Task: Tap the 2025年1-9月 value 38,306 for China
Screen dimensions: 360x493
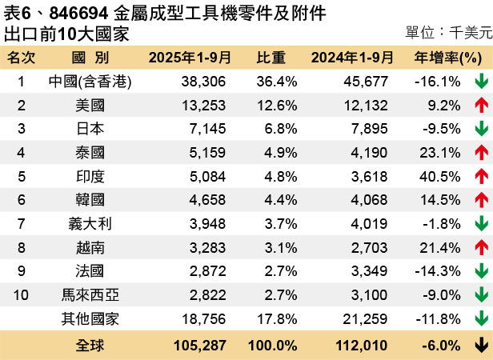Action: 203,82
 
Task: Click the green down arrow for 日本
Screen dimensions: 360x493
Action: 481,129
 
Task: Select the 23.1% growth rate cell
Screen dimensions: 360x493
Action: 438,153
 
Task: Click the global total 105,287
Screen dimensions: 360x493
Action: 199,346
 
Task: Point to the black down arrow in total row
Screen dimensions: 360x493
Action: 481,346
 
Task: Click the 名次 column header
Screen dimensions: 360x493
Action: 22,58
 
